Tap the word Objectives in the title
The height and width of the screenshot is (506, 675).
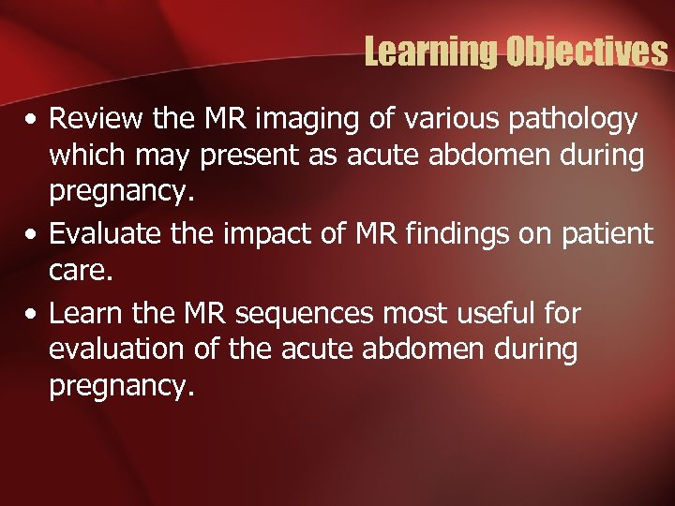(x=586, y=52)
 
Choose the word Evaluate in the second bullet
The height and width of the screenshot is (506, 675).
(x=99, y=232)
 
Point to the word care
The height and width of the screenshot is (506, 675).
(x=77, y=270)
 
